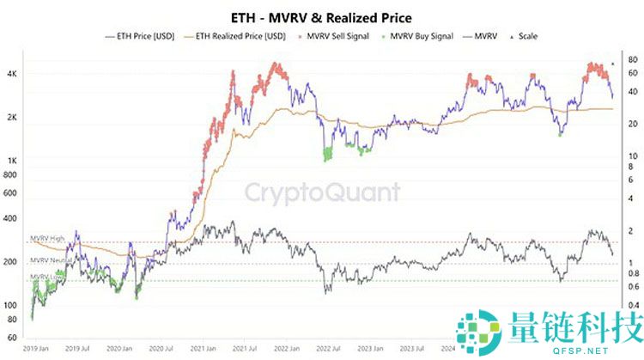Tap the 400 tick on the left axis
[13, 219]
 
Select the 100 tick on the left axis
[13, 306]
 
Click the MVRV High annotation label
[48, 237]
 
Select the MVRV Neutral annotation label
[51, 259]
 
